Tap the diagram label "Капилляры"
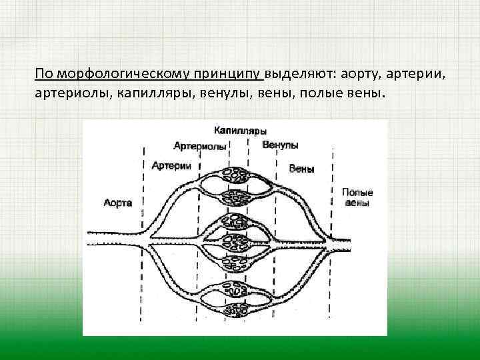tap(241, 131)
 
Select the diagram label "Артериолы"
tap(199, 146)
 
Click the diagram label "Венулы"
tap(280, 145)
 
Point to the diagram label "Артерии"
tap(171, 165)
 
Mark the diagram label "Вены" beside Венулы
tap(301, 169)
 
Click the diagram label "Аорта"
tap(118, 202)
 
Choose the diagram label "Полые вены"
tap(357, 197)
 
